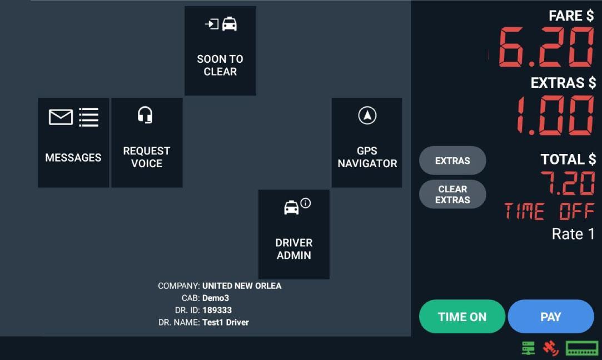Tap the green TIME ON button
click(462, 317)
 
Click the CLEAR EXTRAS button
click(452, 194)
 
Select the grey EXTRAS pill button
click(452, 161)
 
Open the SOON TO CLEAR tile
click(220, 51)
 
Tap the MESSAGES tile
click(73, 143)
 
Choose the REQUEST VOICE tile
click(147, 143)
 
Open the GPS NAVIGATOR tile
click(367, 143)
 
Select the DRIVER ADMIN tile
click(293, 234)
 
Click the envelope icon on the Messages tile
click(61, 117)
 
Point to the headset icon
click(145, 116)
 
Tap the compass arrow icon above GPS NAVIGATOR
click(367, 116)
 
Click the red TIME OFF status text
click(549, 212)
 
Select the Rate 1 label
click(573, 234)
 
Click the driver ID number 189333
click(217, 310)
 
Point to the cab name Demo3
click(215, 298)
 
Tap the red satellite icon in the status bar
click(550, 348)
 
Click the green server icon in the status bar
click(528, 348)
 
